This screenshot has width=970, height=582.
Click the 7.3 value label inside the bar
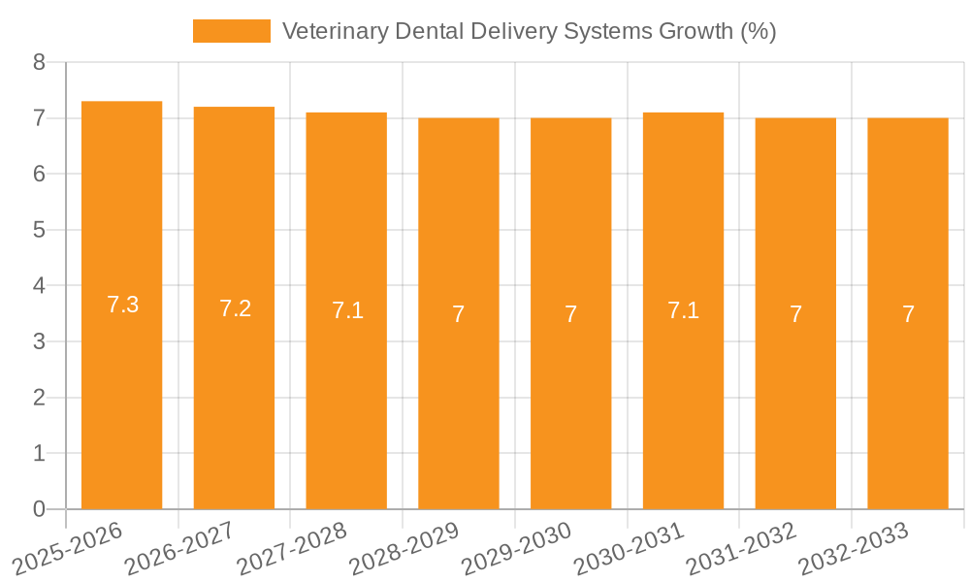click(122, 305)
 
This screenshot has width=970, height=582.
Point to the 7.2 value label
click(235, 308)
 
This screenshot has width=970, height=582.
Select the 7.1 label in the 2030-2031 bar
click(683, 310)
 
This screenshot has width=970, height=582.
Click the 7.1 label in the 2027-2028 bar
click(347, 310)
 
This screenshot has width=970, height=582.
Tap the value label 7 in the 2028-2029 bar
click(459, 314)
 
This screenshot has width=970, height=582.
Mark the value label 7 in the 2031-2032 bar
click(795, 314)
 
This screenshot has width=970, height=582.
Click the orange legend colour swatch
click(232, 31)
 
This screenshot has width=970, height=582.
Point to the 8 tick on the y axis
click(39, 62)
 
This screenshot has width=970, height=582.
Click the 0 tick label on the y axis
click(39, 509)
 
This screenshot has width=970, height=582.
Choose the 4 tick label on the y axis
click(39, 286)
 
